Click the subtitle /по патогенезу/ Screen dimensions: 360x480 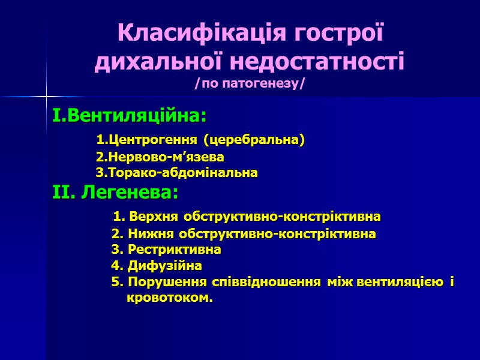tap(250, 83)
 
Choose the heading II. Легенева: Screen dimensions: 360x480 tap(115, 193)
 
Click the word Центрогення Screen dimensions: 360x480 tap(154, 140)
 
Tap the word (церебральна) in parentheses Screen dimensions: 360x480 tap(254, 140)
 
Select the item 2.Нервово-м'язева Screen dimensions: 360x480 tap(160, 157)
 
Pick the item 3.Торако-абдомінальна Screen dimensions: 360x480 tap(177, 173)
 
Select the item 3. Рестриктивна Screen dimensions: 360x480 tap(166, 249)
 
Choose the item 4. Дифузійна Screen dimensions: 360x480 tap(157, 265)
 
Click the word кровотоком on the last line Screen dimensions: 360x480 tap(169, 298)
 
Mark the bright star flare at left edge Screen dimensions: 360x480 tap(46, 95)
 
